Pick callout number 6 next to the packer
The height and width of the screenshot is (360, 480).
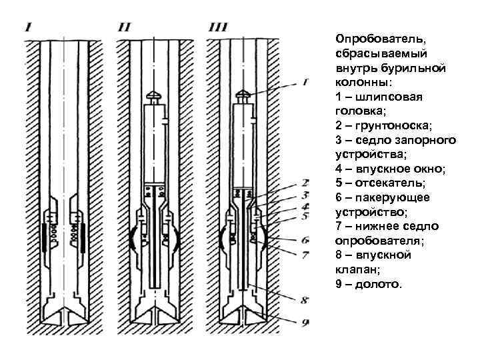click(305, 239)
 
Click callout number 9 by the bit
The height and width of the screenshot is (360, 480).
click(305, 323)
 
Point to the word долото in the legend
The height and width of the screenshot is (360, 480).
click(379, 285)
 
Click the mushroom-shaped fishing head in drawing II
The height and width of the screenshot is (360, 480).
click(155, 95)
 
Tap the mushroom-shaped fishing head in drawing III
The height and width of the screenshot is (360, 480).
click(245, 95)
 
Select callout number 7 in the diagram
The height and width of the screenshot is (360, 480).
click(305, 254)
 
